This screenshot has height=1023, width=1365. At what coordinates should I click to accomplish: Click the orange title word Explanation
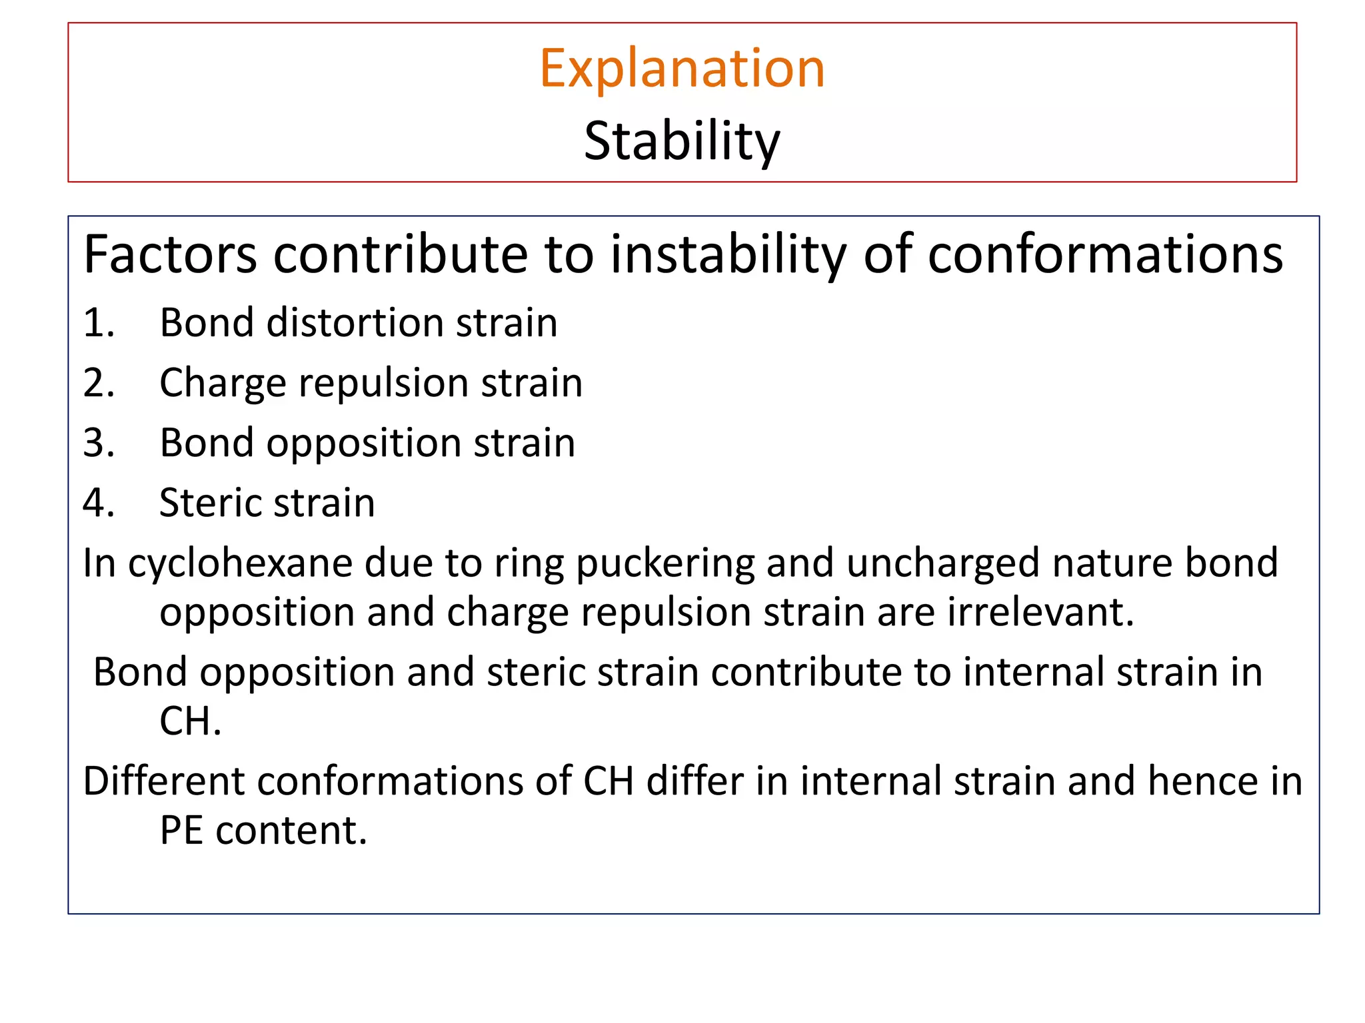[x=682, y=69]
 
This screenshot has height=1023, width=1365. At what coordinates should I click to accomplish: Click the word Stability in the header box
[x=682, y=141]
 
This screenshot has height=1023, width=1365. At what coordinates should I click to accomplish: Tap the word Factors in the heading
[x=170, y=254]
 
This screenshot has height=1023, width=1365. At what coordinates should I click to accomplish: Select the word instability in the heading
[x=728, y=254]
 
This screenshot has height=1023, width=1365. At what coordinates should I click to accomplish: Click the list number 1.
[x=99, y=323]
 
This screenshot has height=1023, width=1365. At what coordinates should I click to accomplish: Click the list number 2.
[x=99, y=383]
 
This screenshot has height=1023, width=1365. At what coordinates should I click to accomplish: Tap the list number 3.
[x=99, y=443]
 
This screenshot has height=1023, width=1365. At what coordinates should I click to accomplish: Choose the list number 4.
[x=99, y=503]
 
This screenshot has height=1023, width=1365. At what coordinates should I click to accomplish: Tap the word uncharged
[x=942, y=563]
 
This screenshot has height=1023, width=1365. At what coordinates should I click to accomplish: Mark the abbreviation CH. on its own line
[x=189, y=721]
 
